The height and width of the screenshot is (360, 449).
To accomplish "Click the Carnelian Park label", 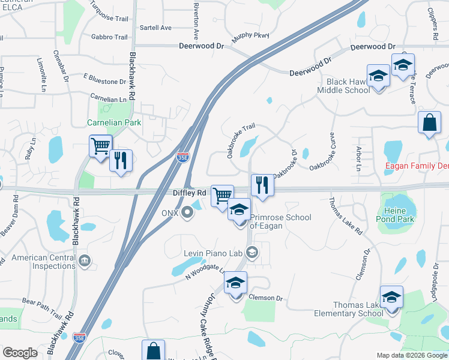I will click(114, 123).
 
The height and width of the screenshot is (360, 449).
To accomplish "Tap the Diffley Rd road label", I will click(190, 193).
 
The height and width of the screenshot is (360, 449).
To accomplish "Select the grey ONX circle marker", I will click(188, 211).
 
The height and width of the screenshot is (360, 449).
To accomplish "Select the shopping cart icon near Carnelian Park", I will click(100, 145).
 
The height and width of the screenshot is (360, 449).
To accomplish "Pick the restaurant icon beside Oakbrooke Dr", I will click(262, 184).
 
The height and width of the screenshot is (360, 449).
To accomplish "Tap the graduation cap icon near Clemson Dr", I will click(236, 282).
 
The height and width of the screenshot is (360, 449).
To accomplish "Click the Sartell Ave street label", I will click(155, 28).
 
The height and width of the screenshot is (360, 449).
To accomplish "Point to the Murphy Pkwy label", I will click(250, 37).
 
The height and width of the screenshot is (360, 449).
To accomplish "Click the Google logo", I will click(20, 353).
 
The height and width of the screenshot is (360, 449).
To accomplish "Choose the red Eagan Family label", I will click(417, 165).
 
